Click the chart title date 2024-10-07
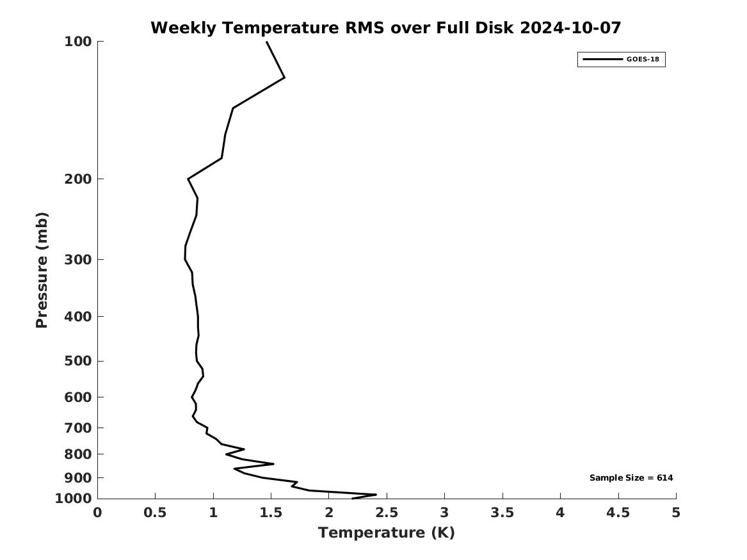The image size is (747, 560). tap(570, 28)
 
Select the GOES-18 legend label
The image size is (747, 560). tap(643, 59)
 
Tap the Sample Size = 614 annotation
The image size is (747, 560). tap(631, 477)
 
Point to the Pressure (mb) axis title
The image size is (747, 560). tap(42, 270)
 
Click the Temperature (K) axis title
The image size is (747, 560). tap(387, 532)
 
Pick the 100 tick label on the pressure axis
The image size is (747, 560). tap(77, 42)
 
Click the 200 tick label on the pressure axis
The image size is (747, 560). tap(77, 179)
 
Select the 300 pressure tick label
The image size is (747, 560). tap(77, 260)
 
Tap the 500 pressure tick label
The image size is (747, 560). tap(77, 361)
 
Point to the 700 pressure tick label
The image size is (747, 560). tap(77, 428)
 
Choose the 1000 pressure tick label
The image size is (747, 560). tap(74, 499)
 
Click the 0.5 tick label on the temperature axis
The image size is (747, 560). tap(156, 513)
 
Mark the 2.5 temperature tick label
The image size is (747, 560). tap(387, 513)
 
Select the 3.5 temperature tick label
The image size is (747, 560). tap(502, 513)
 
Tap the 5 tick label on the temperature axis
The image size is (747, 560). tap(676, 513)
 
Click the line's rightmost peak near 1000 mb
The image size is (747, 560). tap(376, 495)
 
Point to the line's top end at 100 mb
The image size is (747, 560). tap(267, 42)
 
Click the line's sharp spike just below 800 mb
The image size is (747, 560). tap(273, 463)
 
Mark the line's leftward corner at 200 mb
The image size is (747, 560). tap(188, 179)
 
